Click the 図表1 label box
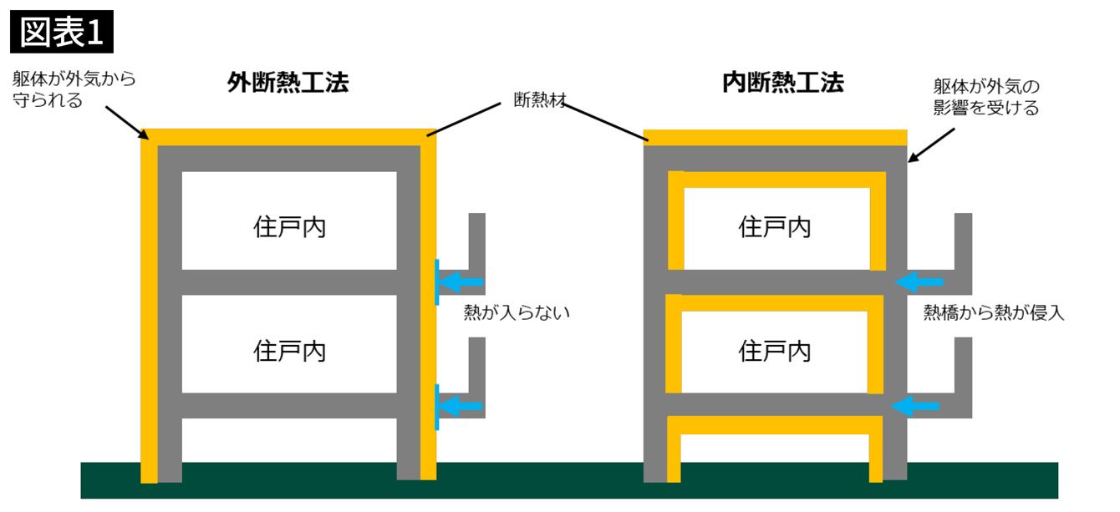click(x=62, y=32)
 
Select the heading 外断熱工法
click(x=288, y=82)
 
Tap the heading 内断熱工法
click(x=783, y=82)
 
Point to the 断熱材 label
click(x=540, y=100)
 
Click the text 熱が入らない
click(x=517, y=312)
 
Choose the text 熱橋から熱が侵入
click(x=994, y=312)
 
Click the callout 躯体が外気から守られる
click(x=74, y=89)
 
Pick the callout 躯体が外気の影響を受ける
click(x=986, y=97)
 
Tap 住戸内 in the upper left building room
click(x=289, y=227)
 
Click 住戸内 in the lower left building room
click(x=289, y=351)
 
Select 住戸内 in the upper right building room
click(x=775, y=227)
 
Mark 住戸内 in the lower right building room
click(x=775, y=351)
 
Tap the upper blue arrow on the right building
click(x=919, y=281)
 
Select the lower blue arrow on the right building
click(x=915, y=406)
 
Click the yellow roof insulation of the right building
click(x=775, y=137)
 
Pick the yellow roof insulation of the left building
click(x=288, y=137)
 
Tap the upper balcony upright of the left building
click(x=477, y=241)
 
